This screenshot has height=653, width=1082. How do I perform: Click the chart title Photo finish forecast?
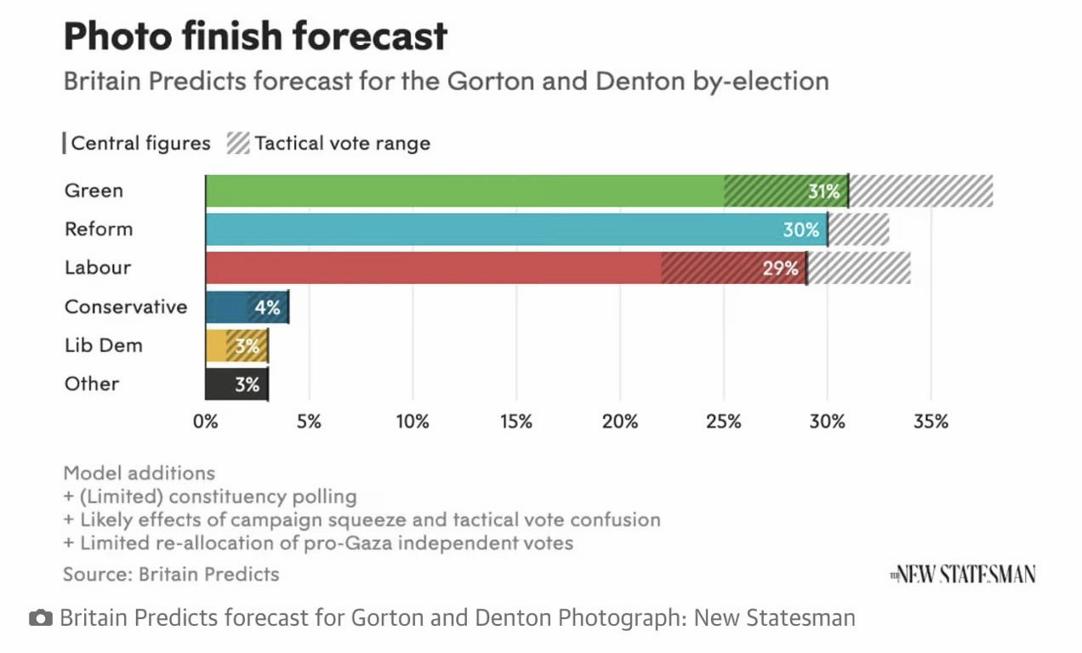point(255,37)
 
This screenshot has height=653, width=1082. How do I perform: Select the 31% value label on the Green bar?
point(823,191)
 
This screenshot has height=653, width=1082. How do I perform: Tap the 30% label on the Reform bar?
point(801,230)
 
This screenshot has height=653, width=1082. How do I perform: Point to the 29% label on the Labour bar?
point(781,269)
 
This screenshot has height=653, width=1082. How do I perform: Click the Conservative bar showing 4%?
point(247,307)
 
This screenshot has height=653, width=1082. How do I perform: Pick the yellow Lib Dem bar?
point(236,345)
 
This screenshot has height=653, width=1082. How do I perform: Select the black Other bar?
point(236,384)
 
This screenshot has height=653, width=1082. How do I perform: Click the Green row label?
point(94,190)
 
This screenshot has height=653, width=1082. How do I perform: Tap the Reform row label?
point(99,229)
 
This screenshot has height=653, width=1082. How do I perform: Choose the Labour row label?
point(98,267)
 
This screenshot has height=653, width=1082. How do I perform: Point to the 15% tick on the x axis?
point(516,422)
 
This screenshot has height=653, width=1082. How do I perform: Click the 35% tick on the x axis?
point(931,422)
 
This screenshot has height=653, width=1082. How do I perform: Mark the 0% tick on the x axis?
point(205,422)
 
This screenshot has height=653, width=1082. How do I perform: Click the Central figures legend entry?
point(138,143)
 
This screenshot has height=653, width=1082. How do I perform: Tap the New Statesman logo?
point(963,575)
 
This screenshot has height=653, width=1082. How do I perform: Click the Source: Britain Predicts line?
point(171,574)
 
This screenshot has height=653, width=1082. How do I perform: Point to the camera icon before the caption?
point(39,618)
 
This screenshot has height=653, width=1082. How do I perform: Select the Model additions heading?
point(140,473)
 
